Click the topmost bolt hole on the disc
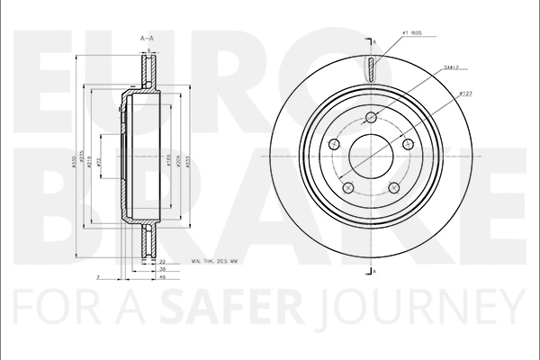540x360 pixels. (372, 116)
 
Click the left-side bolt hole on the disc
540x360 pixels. (333, 144)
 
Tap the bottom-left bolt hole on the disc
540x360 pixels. (347, 188)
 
